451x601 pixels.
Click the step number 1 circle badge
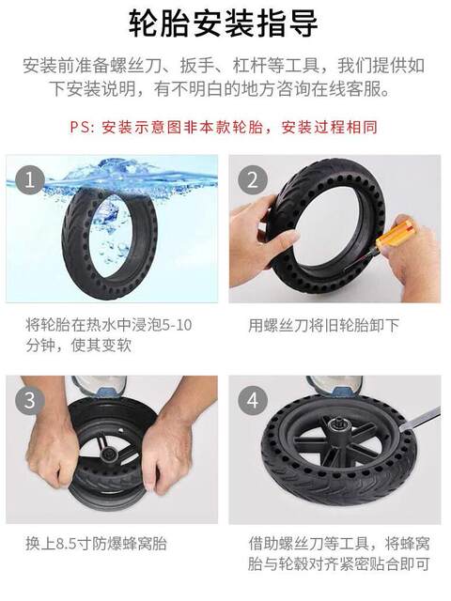point(30,179)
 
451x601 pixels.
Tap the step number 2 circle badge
point(253,179)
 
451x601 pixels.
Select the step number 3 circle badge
point(30,401)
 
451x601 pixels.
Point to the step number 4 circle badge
point(253,401)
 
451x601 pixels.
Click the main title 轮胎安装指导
point(224,23)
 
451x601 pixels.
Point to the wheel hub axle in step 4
point(336,426)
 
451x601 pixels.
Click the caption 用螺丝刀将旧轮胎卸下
point(323,326)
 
